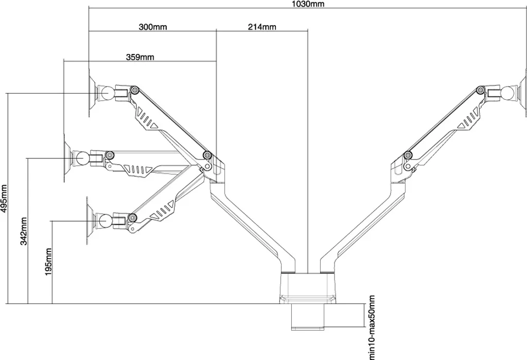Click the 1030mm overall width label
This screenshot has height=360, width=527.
click(x=308, y=4)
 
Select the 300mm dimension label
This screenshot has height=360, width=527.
click(x=153, y=27)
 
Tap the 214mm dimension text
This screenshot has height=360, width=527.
click(x=262, y=27)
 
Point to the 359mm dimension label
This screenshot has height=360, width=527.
click(x=140, y=57)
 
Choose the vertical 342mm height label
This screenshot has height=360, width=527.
click(x=24, y=231)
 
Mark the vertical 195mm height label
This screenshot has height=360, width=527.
click(x=48, y=262)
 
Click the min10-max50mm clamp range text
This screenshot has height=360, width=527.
click(x=371, y=328)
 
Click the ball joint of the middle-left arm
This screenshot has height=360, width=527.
click(x=82, y=157)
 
